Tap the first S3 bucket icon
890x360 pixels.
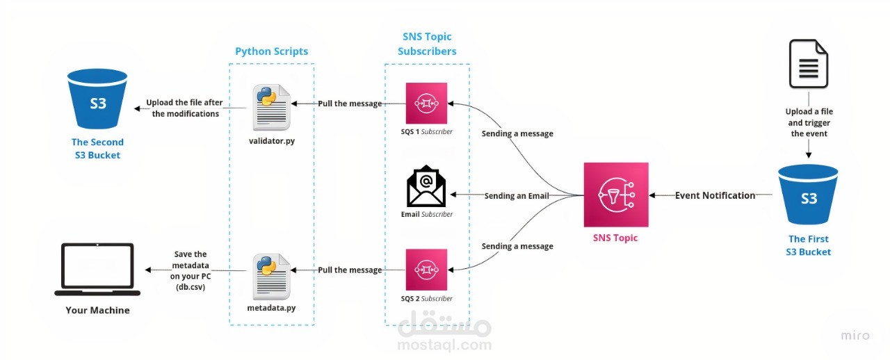pos(809,196)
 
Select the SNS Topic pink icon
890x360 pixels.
pos(616,195)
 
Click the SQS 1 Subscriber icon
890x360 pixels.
pos(426,104)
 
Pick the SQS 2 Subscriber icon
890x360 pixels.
pos(426,269)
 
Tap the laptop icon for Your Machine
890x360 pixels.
pos(97,269)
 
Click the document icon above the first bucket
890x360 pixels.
pos(809,63)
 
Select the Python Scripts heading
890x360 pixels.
pos(271,51)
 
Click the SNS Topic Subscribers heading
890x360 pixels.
pos(427,44)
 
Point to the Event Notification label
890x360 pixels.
pos(715,195)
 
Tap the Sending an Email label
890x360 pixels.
pos(516,196)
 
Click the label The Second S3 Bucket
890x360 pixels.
pos(97,149)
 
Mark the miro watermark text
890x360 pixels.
pos(855,336)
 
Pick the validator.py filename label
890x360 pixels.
pos(271,141)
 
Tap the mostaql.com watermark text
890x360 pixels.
pos(444,344)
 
